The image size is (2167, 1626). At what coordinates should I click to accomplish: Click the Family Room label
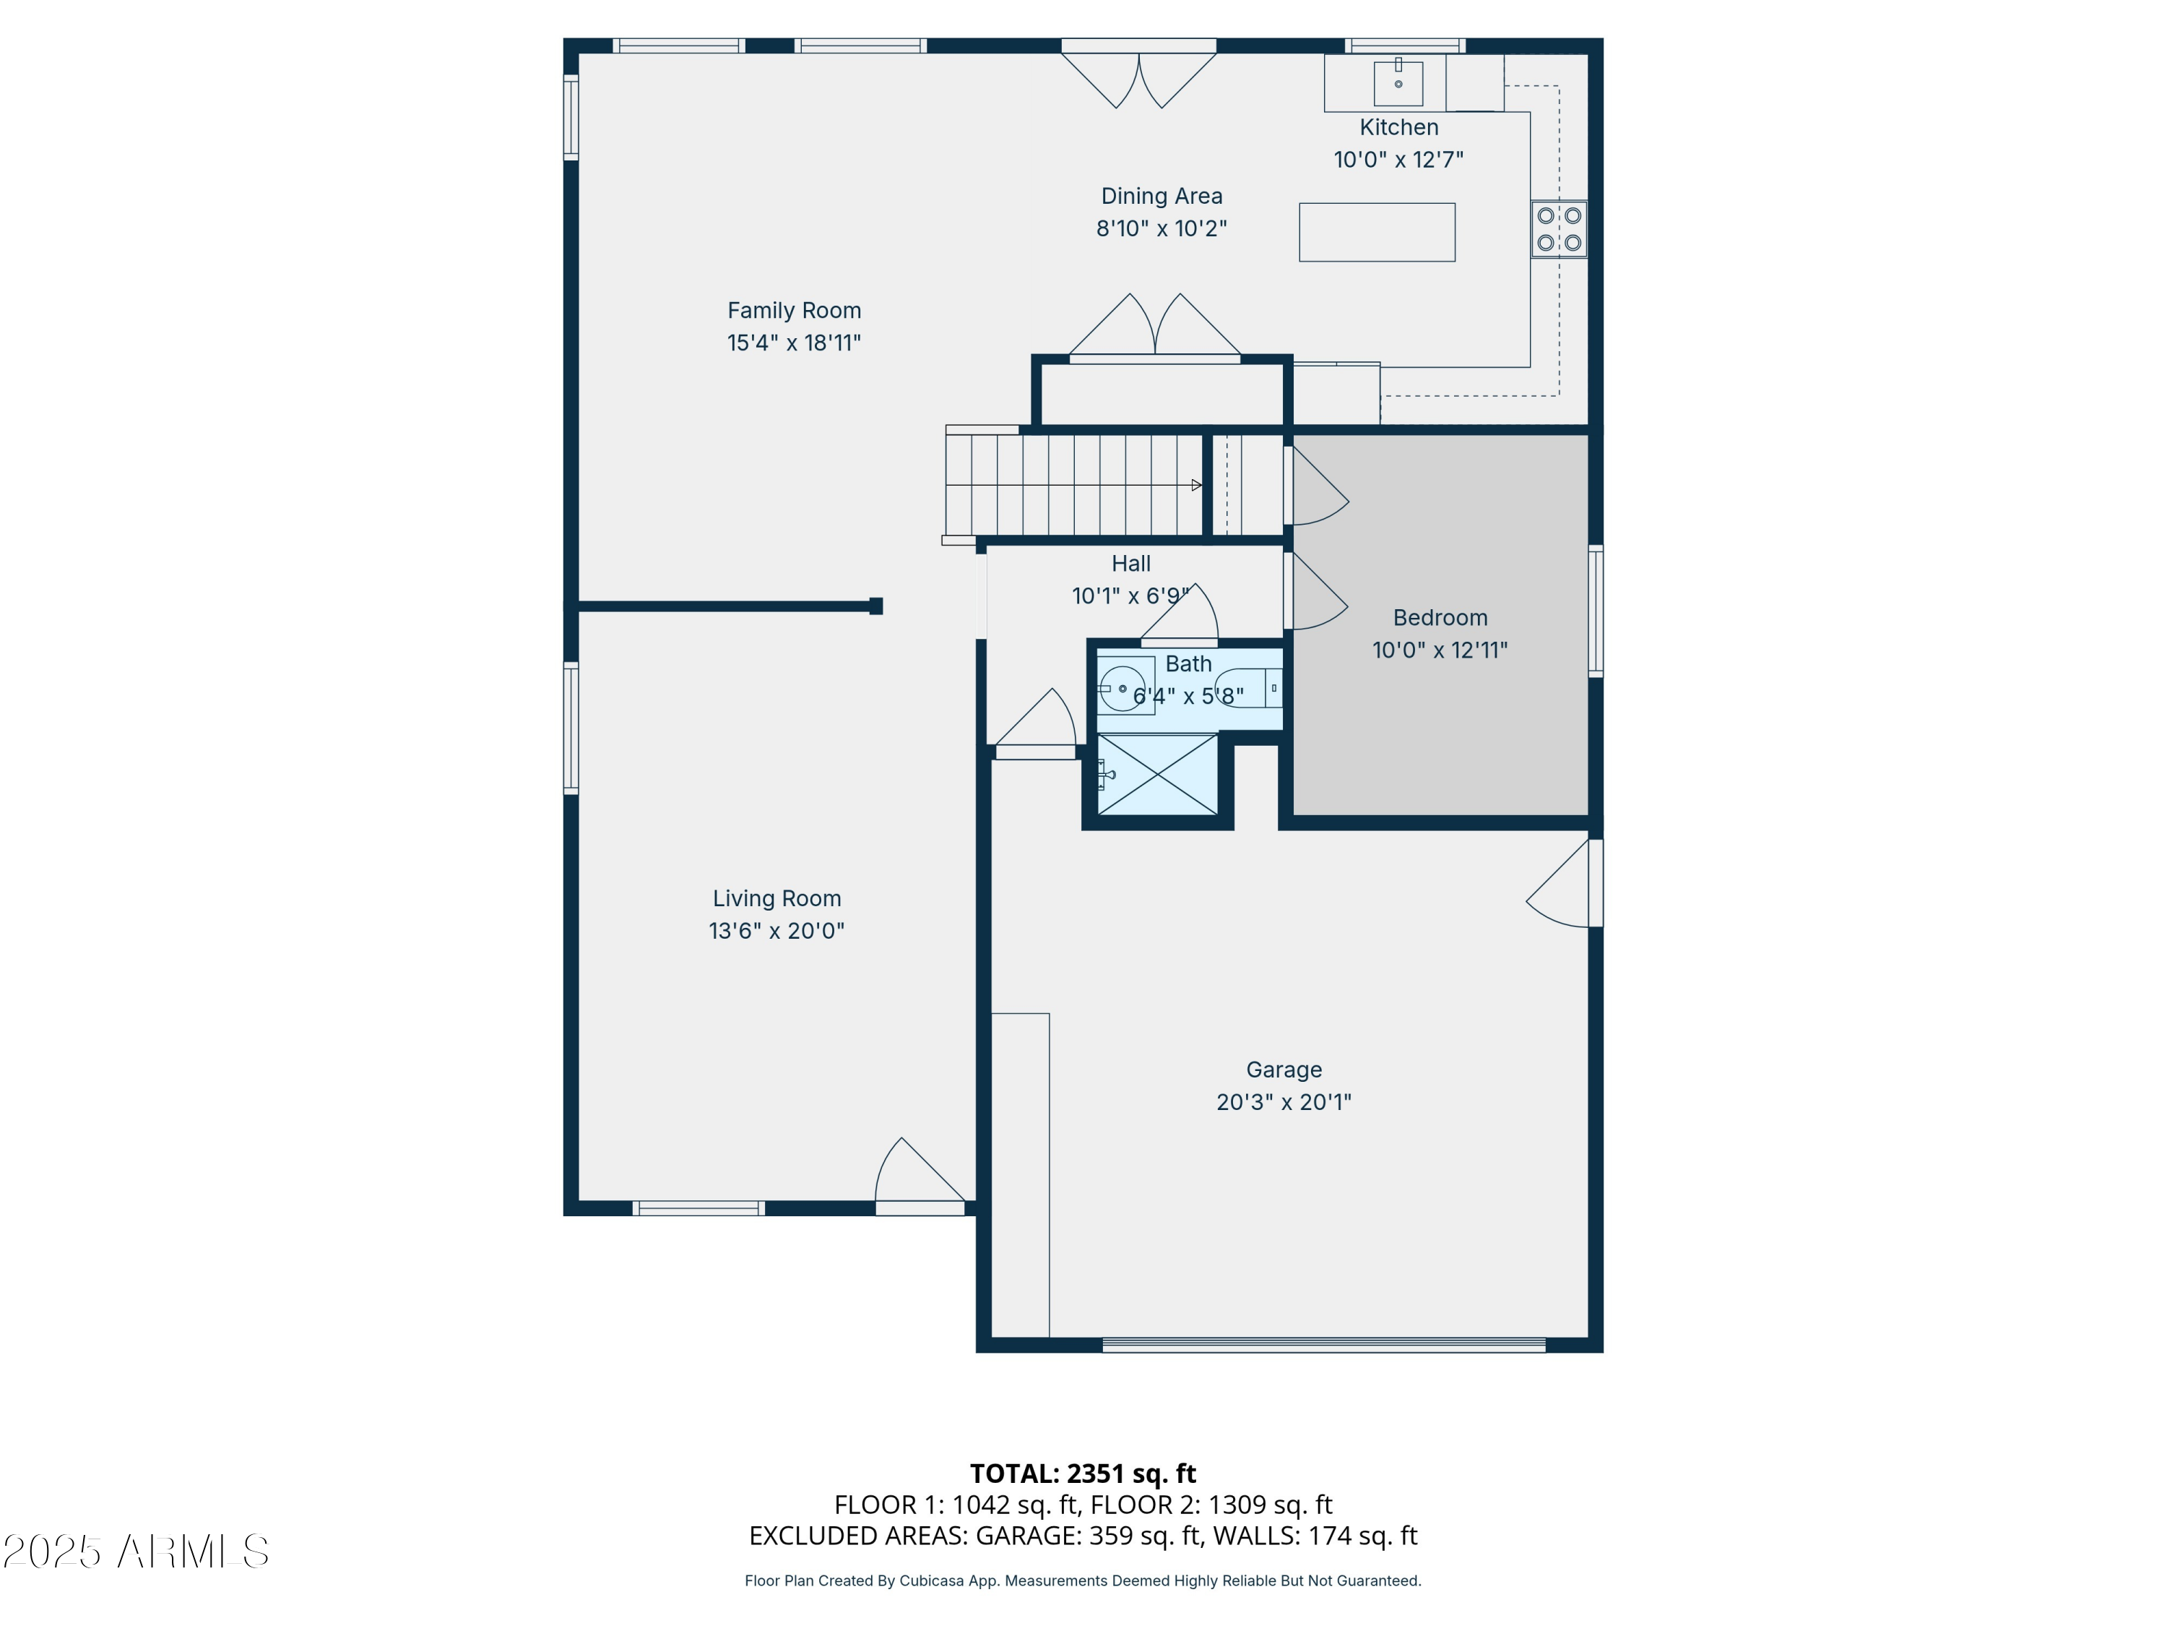[x=794, y=311]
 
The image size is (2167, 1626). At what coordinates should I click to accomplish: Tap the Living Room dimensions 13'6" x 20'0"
[x=776, y=931]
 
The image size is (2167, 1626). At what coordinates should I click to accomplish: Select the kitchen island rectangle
[x=1377, y=232]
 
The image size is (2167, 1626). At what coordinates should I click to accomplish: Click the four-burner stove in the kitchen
[x=1559, y=229]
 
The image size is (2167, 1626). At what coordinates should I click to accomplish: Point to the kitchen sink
[x=1398, y=82]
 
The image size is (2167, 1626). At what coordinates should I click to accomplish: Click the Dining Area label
[x=1161, y=196]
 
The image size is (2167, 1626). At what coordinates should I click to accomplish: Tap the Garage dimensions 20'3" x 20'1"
[x=1284, y=1101]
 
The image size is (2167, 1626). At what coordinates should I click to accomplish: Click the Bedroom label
[x=1439, y=617]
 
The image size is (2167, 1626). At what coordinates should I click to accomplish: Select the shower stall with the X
[x=1157, y=774]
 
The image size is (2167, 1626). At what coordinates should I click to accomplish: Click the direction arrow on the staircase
[x=1195, y=485]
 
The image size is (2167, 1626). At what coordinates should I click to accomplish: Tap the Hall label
[x=1130, y=564]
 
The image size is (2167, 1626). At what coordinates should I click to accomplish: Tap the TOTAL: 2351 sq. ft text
[x=1083, y=1473]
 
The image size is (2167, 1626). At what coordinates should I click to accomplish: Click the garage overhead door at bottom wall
[x=1323, y=1346]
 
